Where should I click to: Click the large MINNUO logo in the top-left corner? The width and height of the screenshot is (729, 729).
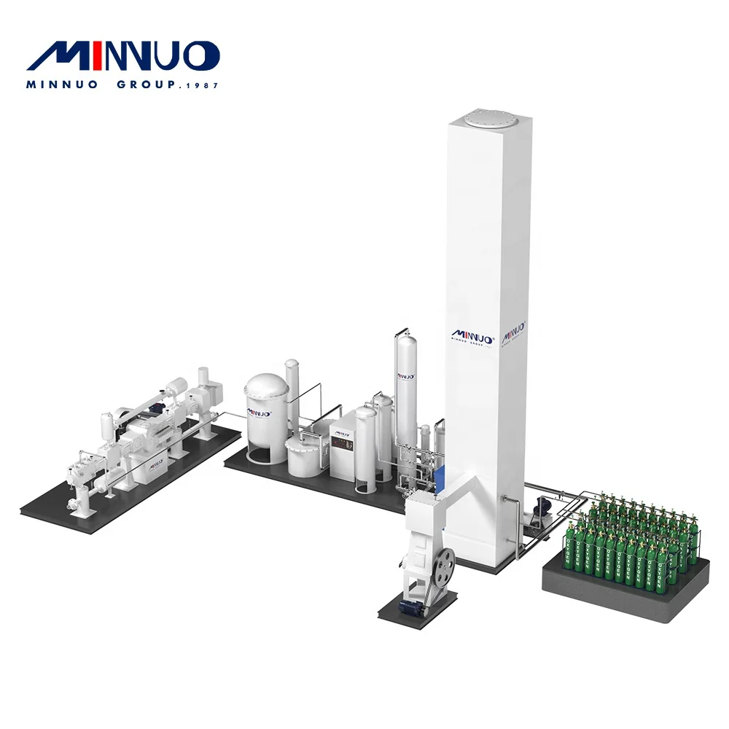pyautogui.click(x=122, y=57)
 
